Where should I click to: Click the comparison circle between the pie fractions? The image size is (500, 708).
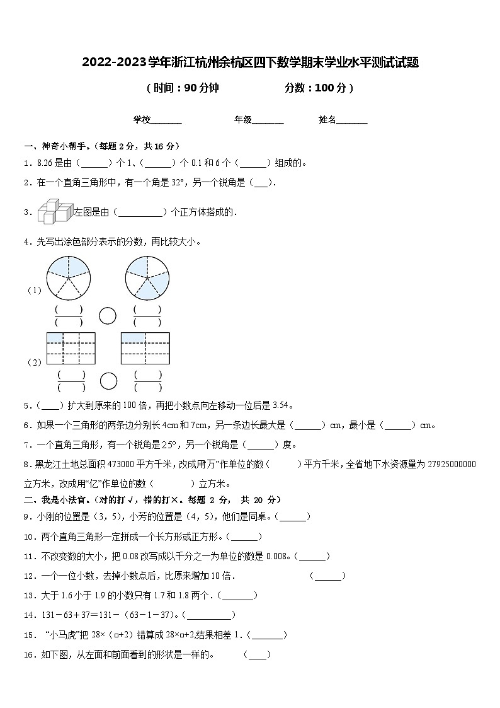click(108, 315)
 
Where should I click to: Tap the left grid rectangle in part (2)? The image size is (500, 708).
click(71, 348)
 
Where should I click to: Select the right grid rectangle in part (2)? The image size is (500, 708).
click(145, 348)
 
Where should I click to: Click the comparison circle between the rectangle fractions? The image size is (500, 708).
click(108, 381)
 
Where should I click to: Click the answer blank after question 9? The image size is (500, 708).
click(293, 517)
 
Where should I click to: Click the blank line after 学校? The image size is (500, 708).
click(166, 120)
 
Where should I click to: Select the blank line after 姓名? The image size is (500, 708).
click(352, 120)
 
